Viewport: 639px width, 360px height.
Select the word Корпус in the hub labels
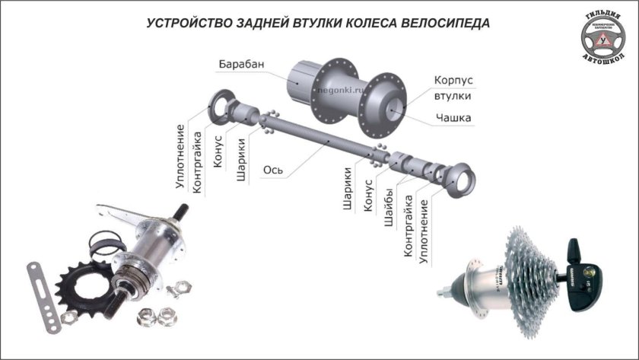coord(454,80)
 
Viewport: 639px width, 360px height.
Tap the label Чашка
coord(453,117)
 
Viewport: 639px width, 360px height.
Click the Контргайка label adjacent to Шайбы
coord(408,225)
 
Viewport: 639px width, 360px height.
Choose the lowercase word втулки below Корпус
coord(452,97)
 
